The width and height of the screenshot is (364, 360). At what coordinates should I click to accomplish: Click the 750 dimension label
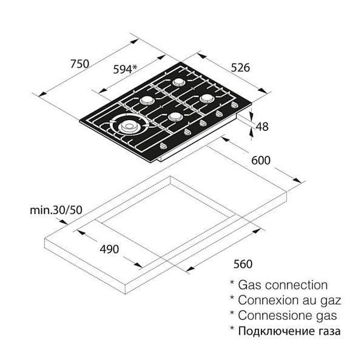coord(79,64)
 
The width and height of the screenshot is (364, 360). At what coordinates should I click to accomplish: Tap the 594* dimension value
coord(125,69)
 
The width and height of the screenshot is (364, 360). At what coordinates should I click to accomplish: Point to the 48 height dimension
coord(262,126)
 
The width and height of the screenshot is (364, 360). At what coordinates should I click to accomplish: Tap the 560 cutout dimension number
coord(242,264)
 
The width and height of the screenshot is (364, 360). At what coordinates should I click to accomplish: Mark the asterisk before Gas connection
coord(232,284)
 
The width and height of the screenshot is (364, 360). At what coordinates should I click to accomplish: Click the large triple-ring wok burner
coord(129,126)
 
